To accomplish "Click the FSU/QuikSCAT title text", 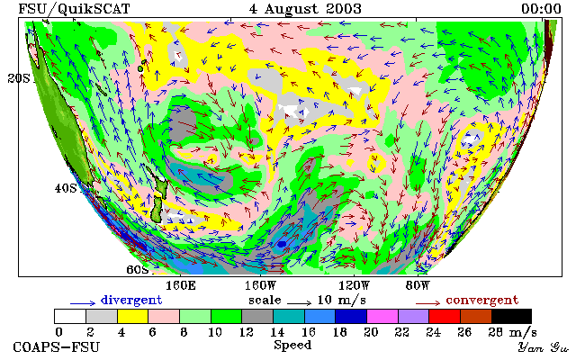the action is (74, 9).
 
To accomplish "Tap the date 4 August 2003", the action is (305, 9).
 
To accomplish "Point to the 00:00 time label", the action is (541, 9).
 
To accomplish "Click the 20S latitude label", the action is (19, 78).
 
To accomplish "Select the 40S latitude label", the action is (66, 188).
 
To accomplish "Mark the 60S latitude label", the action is (137, 269).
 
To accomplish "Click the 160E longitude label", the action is (181, 286).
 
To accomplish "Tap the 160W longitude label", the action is (260, 286).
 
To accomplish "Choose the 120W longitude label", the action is (354, 286).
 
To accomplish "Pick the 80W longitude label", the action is (418, 286).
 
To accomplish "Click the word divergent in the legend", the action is (131, 300).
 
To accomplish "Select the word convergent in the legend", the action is (482, 300).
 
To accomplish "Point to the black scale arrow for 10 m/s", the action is (299, 303).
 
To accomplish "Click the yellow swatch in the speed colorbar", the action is (133, 316).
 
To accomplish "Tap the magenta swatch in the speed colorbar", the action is (382, 316).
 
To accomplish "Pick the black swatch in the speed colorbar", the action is (511, 316).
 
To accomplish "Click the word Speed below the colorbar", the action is (292, 345).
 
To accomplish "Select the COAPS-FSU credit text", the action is (57, 346).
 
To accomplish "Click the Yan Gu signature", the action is (544, 348).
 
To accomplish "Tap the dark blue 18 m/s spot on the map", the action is (282, 244).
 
